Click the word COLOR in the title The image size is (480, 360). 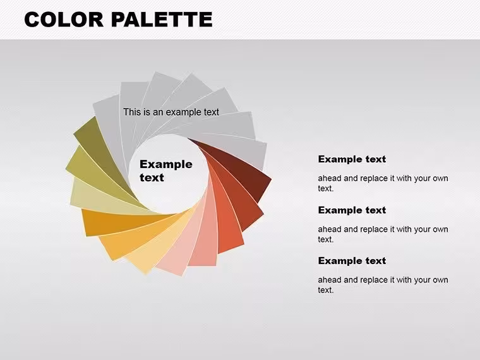tap(64, 20)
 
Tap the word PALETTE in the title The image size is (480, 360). tap(162, 20)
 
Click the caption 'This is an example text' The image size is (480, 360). tap(171, 112)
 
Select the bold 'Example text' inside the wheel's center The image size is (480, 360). tap(166, 171)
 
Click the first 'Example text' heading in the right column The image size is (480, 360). tap(352, 159)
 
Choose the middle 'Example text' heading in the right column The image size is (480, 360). tap(352, 210)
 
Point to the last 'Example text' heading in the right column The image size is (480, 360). tap(352, 261)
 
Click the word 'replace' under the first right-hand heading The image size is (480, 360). tap(374, 179)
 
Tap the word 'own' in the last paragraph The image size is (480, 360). tap(440, 280)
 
